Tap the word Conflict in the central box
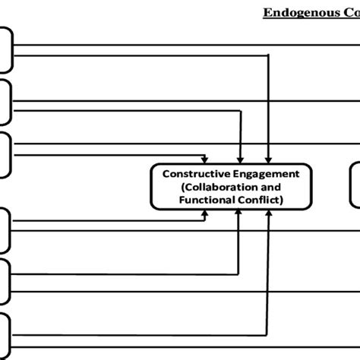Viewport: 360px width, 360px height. coord(259,200)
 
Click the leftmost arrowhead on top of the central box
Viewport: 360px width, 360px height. coord(204,159)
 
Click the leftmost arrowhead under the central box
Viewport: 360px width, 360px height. coord(204,214)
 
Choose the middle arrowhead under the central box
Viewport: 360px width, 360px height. coord(239,214)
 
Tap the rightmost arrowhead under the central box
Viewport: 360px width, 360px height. coord(268,214)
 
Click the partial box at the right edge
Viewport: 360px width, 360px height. coord(355,186)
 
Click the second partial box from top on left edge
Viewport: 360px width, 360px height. coord(5,103)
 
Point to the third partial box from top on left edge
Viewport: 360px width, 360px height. coord(5,156)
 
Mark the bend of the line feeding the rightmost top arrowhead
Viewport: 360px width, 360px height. coord(269,55)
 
